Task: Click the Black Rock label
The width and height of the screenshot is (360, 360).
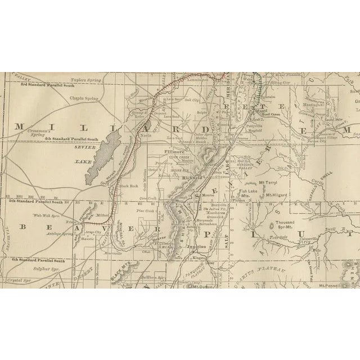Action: pos(129,186)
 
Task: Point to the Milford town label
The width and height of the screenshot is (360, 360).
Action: pos(101,215)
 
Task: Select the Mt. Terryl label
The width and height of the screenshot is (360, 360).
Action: pos(269,182)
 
